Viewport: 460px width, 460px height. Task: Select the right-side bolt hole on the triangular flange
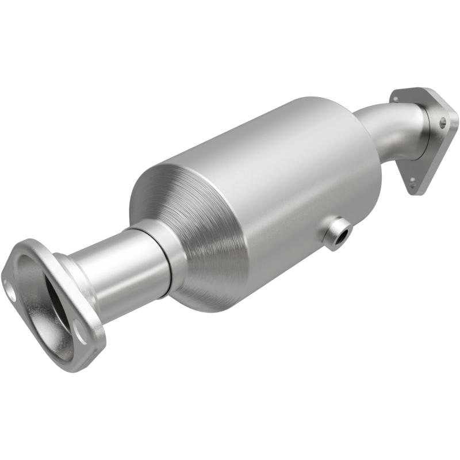coord(443,122)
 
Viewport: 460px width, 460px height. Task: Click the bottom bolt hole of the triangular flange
coord(412,180)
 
